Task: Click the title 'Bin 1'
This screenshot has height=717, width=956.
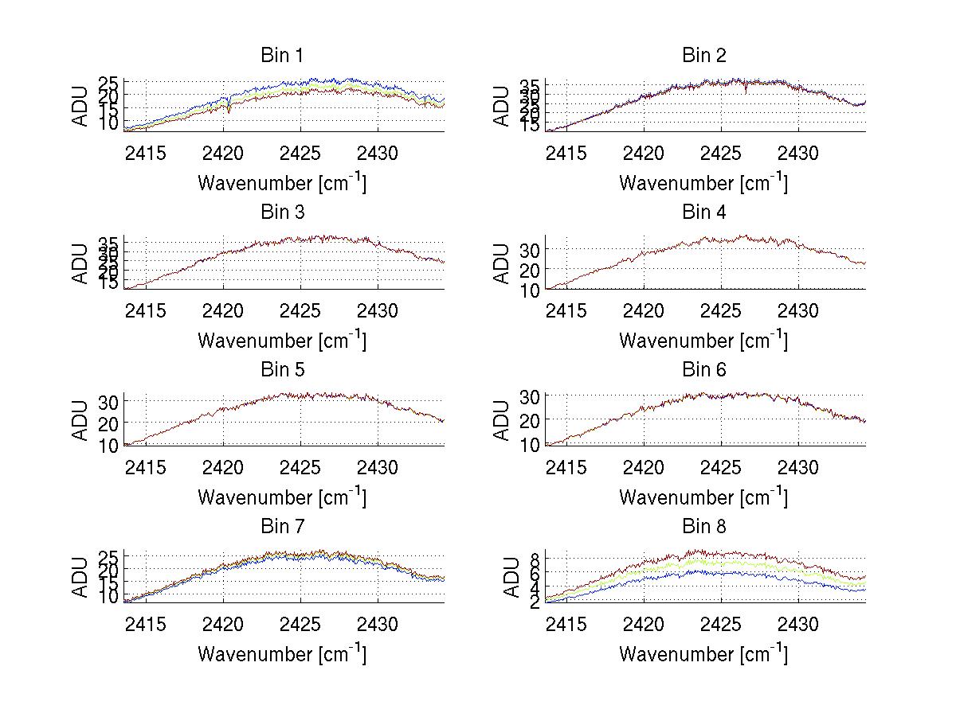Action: tap(281, 55)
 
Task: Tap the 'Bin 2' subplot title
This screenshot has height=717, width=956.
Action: tap(703, 55)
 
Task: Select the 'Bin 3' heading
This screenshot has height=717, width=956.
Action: tap(281, 212)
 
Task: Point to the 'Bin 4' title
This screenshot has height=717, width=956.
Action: tap(703, 212)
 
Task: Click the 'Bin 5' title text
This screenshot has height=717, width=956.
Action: tap(281, 369)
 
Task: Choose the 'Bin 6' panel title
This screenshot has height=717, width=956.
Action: tap(703, 369)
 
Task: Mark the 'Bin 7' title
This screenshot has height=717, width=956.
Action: tap(281, 526)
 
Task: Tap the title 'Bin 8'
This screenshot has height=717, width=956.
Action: tap(703, 526)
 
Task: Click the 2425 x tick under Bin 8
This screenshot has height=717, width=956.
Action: tap(722, 623)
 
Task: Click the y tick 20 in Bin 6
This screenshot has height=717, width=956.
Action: tap(531, 419)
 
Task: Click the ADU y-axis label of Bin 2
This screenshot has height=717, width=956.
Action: tap(502, 105)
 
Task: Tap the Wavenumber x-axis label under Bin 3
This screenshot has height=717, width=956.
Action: tap(281, 340)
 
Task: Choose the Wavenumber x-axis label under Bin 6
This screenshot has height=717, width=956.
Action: tap(703, 497)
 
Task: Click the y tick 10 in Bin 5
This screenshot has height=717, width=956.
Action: tap(109, 444)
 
